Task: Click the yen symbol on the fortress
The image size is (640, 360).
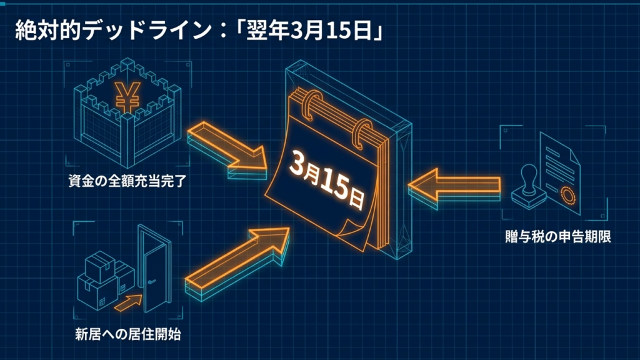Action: (x=127, y=97)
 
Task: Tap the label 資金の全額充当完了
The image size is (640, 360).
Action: (x=127, y=181)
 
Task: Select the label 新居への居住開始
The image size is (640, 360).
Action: (x=127, y=335)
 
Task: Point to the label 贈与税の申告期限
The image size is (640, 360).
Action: (x=557, y=237)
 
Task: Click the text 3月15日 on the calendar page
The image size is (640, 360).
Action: (x=326, y=179)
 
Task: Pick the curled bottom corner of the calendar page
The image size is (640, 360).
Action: (x=353, y=232)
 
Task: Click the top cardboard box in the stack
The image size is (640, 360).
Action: (x=100, y=266)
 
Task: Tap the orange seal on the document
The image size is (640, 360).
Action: (x=567, y=195)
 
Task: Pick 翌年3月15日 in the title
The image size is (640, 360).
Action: (x=309, y=30)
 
